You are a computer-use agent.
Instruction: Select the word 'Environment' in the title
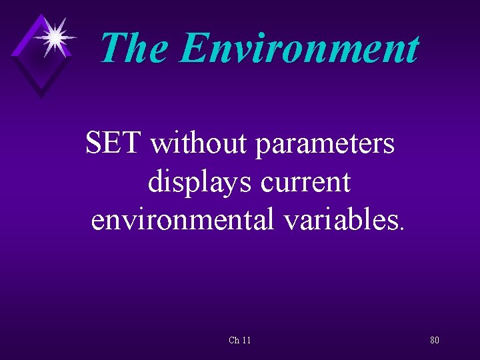(299, 48)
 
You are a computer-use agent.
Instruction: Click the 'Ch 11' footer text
(239, 340)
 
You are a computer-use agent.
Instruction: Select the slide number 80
(434, 340)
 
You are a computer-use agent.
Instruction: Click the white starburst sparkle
(54, 36)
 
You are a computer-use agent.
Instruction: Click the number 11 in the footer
(246, 340)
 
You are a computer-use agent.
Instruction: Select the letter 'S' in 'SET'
(95, 143)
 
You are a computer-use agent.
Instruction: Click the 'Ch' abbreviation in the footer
(233, 340)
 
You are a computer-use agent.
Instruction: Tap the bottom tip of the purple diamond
(41, 97)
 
